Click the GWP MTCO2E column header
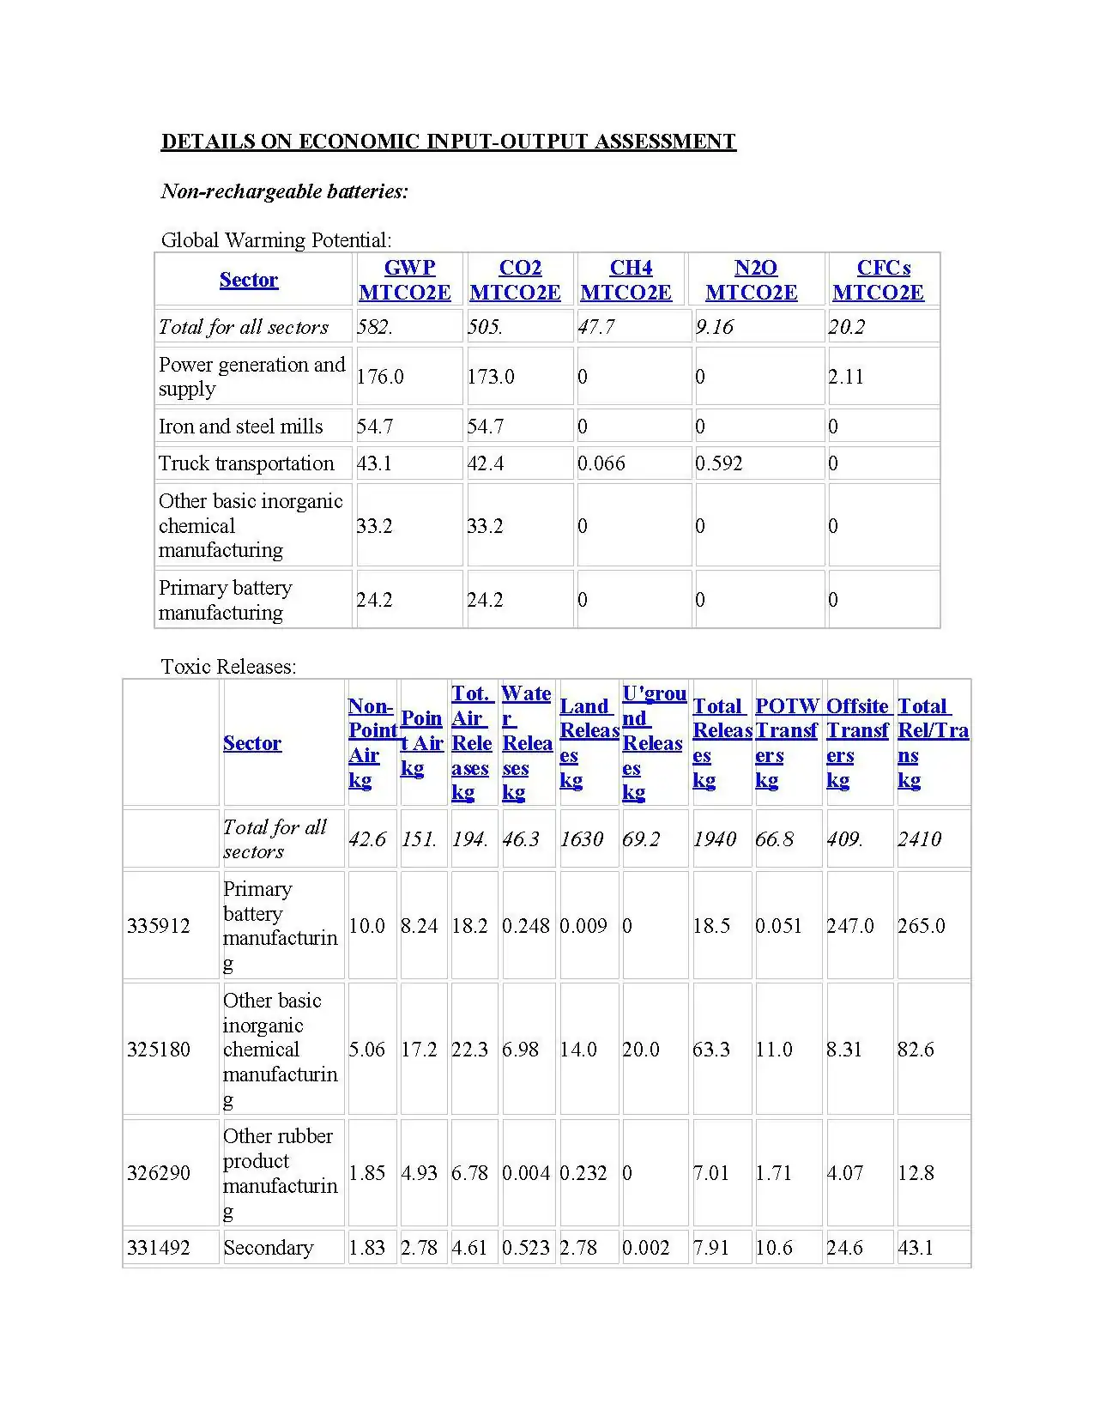pos(405,280)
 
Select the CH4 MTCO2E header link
pos(626,280)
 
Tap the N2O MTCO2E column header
pos(752,280)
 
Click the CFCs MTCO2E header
pos(879,280)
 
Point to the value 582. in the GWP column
pos(375,327)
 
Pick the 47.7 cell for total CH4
pos(595,327)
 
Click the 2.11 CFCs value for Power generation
pos(846,376)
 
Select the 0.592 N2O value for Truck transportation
pos(718,463)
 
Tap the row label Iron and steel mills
pos(241,427)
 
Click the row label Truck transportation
pos(246,463)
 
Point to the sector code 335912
pos(159,926)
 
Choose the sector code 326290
pos(159,1173)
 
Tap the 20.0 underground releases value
pos(641,1050)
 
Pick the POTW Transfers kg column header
pos(786,742)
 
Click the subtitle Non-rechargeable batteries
pos(285,191)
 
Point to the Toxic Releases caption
pos(228,667)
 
